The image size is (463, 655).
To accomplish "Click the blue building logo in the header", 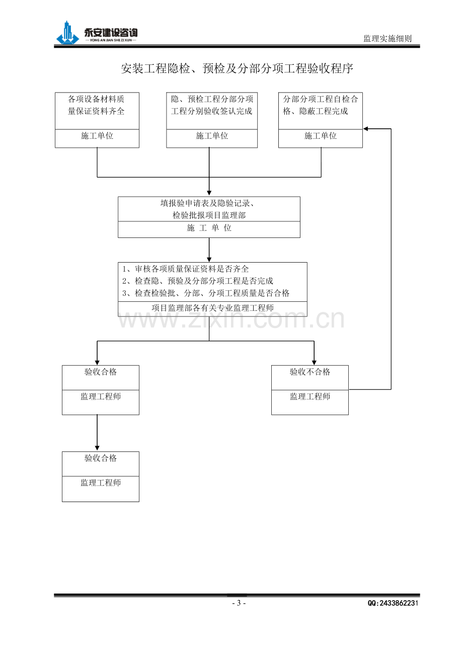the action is click(67, 33).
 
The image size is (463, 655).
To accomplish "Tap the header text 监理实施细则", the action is click(387, 39).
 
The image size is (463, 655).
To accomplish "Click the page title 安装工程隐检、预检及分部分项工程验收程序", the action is click(237, 69).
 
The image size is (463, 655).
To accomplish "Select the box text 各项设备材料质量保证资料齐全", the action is click(96, 105).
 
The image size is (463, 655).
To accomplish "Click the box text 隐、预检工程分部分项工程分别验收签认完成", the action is click(212, 105).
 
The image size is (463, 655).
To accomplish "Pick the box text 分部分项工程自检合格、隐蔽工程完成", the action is click(320, 105).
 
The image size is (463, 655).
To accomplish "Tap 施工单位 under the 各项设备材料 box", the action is click(97, 136).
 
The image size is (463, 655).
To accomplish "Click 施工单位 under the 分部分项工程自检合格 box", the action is click(320, 136).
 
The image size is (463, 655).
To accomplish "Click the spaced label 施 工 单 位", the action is click(209, 227).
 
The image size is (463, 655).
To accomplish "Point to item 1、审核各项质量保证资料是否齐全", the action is click(185, 269).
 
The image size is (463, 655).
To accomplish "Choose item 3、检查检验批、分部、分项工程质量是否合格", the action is click(206, 293).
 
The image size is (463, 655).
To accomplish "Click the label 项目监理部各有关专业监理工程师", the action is click(213, 307).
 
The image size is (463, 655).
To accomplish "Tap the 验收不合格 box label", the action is click(310, 372).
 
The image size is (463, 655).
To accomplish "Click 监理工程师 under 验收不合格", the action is click(310, 396).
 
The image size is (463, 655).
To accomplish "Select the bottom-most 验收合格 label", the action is click(101, 458).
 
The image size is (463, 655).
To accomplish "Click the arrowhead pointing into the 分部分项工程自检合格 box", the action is click(365, 129).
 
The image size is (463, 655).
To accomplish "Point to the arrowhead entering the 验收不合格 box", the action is click(314, 363).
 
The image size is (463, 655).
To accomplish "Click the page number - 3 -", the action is click(239, 603).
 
